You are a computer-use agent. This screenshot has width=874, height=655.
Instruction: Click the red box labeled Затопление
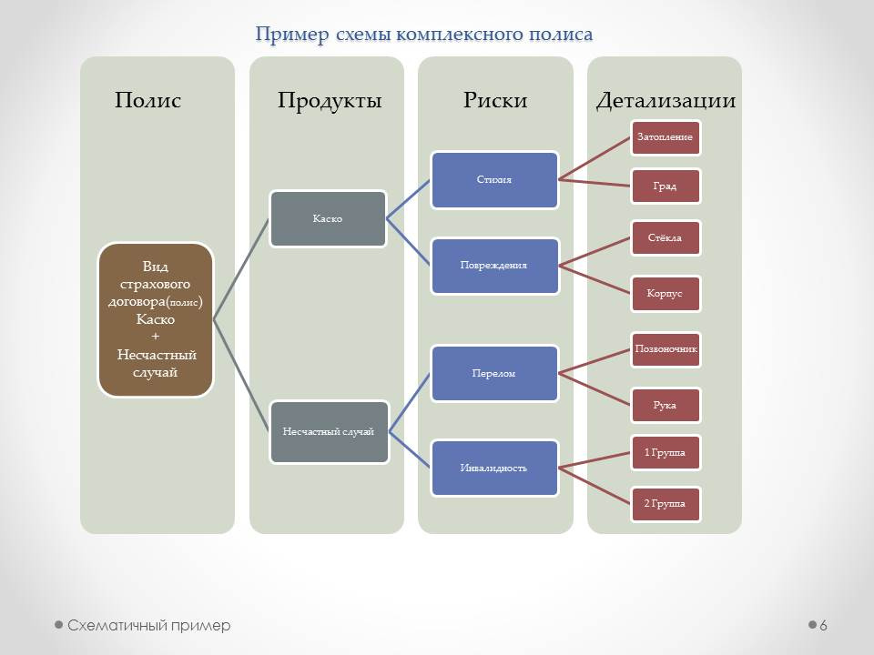[666, 137]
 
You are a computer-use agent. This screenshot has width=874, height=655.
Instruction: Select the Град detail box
[666, 186]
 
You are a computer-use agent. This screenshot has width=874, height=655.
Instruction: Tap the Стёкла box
[666, 238]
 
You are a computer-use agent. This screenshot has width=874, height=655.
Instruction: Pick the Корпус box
[666, 294]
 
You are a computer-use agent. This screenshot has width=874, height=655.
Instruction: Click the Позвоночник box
[666, 349]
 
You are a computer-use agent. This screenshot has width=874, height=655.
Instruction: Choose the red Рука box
[666, 406]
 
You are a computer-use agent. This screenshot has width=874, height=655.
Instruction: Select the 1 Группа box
[666, 453]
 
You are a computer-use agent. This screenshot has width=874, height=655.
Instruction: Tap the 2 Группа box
[666, 504]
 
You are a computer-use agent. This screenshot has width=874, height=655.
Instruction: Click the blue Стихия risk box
[494, 180]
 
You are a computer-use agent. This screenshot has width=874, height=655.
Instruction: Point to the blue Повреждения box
[494, 266]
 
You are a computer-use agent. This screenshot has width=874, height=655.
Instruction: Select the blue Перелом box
[494, 374]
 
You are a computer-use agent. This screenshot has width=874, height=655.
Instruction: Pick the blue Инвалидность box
[494, 469]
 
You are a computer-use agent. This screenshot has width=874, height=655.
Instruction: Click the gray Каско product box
[328, 219]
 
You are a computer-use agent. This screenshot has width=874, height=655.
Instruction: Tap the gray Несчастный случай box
[329, 431]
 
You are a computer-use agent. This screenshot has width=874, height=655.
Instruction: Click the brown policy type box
[156, 319]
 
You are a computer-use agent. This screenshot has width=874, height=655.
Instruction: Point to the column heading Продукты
[330, 100]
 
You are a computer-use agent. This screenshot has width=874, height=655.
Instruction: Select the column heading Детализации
[666, 100]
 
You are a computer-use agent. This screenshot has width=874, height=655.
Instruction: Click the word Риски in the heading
[495, 100]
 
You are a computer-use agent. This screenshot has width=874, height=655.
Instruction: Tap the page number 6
[823, 626]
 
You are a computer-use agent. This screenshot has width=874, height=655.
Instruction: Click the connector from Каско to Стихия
[408, 199]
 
